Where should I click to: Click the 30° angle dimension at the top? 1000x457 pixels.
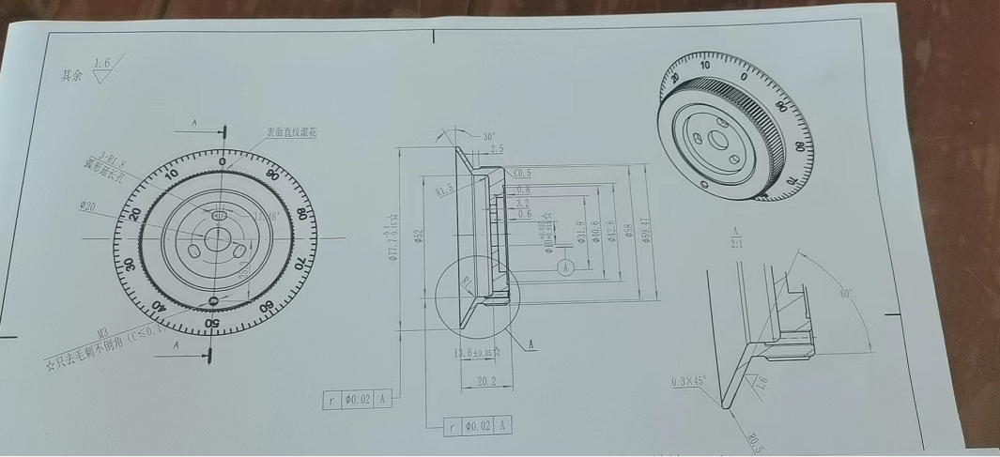488,136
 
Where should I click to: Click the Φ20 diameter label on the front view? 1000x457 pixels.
89,206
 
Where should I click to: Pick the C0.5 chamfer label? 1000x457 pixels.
523,174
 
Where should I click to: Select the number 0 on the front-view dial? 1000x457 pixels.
222,161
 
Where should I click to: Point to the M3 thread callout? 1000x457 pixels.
108,332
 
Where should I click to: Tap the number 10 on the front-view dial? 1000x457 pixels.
172,175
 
